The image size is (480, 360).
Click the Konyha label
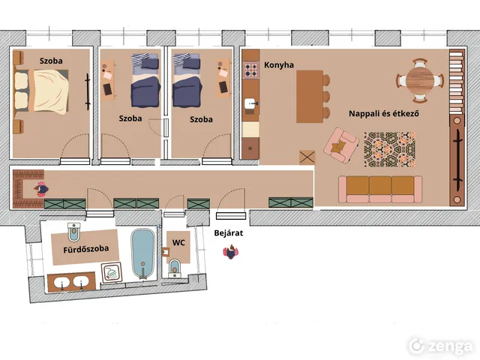pos(278,65)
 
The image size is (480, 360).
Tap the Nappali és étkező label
pos(384,113)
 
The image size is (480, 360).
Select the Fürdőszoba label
pos(86,249)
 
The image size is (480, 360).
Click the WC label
pos(178,243)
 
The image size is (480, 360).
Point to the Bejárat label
pos(228,233)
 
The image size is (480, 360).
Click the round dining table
pos(420,81)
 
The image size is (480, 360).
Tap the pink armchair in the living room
pos(341,145)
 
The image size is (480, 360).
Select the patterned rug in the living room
pos(390,149)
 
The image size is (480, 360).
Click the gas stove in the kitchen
pos(251,70)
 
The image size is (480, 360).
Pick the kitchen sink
pos(251,104)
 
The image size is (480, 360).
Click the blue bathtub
pos(143,253)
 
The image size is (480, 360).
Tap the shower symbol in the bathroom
pos(112,272)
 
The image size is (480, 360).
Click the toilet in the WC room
pos(175,268)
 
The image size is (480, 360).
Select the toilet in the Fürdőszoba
pos(73,232)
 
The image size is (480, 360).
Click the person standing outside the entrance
pos(230,252)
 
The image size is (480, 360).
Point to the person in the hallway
pos(41,189)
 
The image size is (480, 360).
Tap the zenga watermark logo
pos(441,346)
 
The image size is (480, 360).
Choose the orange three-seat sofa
pos(380,189)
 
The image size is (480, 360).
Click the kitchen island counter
pos(310,97)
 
